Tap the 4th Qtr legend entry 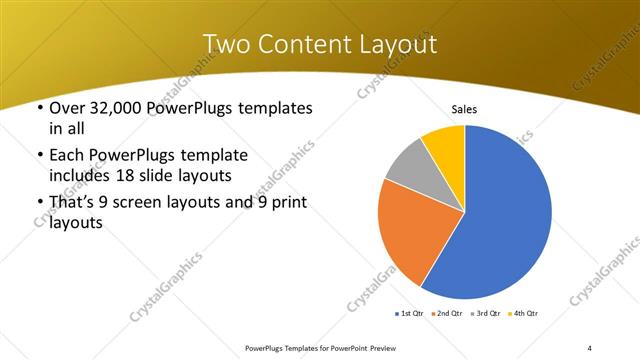[x=525, y=314]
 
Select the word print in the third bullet [x=286, y=203]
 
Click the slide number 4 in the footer [x=590, y=347]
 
